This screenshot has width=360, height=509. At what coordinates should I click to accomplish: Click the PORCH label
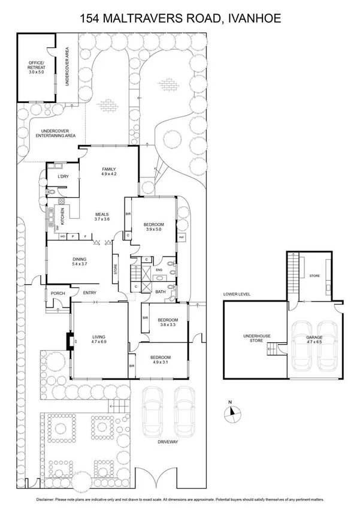click(58, 293)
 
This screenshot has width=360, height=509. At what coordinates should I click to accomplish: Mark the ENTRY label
click(89, 293)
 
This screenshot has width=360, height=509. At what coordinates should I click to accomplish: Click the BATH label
click(160, 292)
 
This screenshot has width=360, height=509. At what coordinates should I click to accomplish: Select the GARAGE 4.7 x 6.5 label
click(314, 340)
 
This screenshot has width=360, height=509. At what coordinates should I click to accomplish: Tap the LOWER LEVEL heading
click(236, 294)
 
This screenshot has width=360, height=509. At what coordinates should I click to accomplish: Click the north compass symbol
click(231, 413)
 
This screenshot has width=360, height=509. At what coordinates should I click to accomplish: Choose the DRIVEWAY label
click(168, 442)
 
